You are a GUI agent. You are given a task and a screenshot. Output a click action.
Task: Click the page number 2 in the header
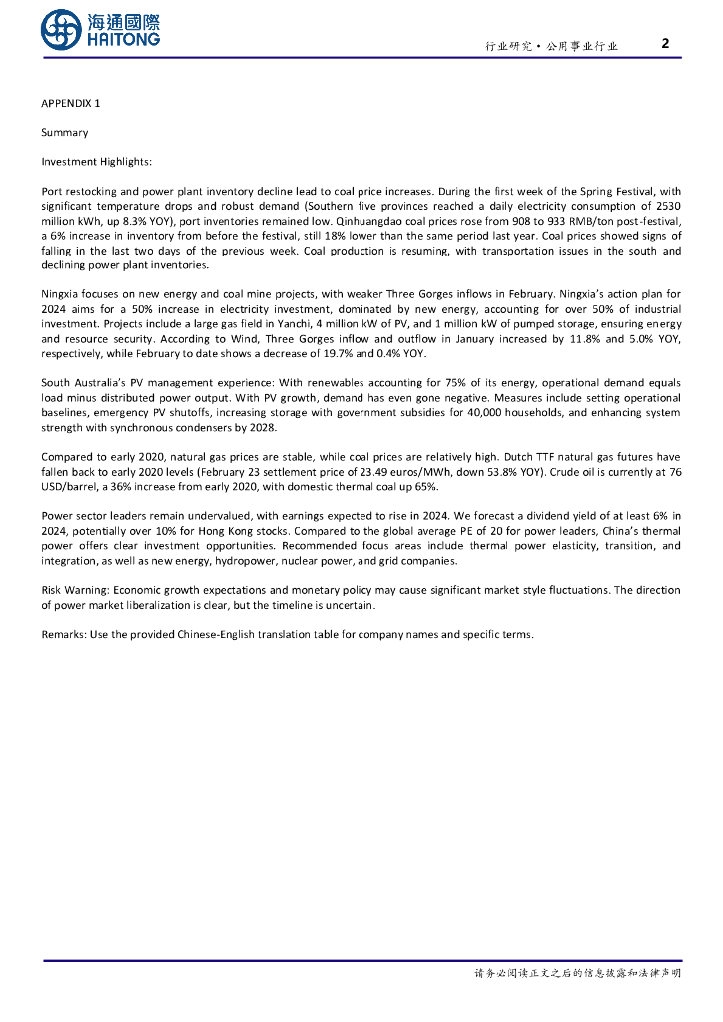point(666,43)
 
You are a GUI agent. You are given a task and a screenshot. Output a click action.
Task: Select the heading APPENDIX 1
point(70,104)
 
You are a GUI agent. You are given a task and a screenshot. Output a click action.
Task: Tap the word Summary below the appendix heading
point(64,133)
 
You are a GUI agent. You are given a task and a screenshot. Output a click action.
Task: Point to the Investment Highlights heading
point(96,161)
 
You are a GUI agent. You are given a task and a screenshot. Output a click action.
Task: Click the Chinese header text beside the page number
point(552,46)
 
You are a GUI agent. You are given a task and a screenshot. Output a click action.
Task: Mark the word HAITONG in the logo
point(122,39)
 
